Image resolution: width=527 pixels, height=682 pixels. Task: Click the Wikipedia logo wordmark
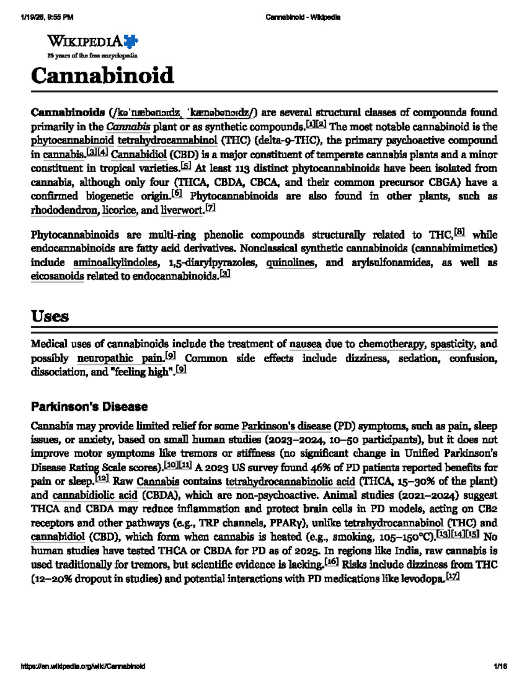[x=85, y=42]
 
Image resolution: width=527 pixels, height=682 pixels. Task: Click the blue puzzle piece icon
[x=131, y=41]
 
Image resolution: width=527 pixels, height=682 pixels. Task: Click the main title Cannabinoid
[x=102, y=76]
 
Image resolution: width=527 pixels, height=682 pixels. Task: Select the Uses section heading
[x=50, y=316]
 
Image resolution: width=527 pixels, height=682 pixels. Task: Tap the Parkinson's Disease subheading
[x=89, y=407]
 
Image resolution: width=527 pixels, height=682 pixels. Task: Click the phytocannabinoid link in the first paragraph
[x=72, y=141]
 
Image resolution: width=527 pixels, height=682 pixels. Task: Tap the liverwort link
[x=182, y=210]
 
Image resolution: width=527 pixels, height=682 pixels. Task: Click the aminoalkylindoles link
[x=116, y=263]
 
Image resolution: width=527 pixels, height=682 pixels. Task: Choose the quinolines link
[x=290, y=263]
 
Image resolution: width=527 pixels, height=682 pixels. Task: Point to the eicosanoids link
[x=57, y=276]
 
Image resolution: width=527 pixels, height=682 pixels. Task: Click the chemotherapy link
[x=392, y=344]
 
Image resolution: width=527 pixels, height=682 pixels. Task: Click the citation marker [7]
[x=210, y=208]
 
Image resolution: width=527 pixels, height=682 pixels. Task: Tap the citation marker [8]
[x=459, y=232]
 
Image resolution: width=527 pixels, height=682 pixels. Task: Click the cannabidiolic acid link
[x=95, y=495]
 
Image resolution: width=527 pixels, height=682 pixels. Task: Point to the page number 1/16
[x=500, y=666]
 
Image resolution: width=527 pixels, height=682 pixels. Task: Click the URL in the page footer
[x=83, y=666]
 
